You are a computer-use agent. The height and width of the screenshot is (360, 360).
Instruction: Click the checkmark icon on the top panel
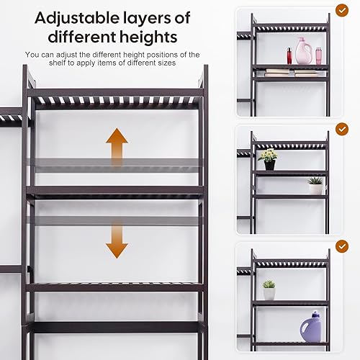[x=342, y=11]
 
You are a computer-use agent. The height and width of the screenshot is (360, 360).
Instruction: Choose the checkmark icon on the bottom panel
[x=342, y=246]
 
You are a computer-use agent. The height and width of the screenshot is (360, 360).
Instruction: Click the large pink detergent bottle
[x=304, y=52]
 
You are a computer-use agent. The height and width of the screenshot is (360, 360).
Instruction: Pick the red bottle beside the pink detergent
[x=289, y=55]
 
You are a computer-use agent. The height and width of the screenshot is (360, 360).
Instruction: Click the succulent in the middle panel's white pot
[x=315, y=185]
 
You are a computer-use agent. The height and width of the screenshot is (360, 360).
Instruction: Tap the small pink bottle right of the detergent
[x=318, y=55]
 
